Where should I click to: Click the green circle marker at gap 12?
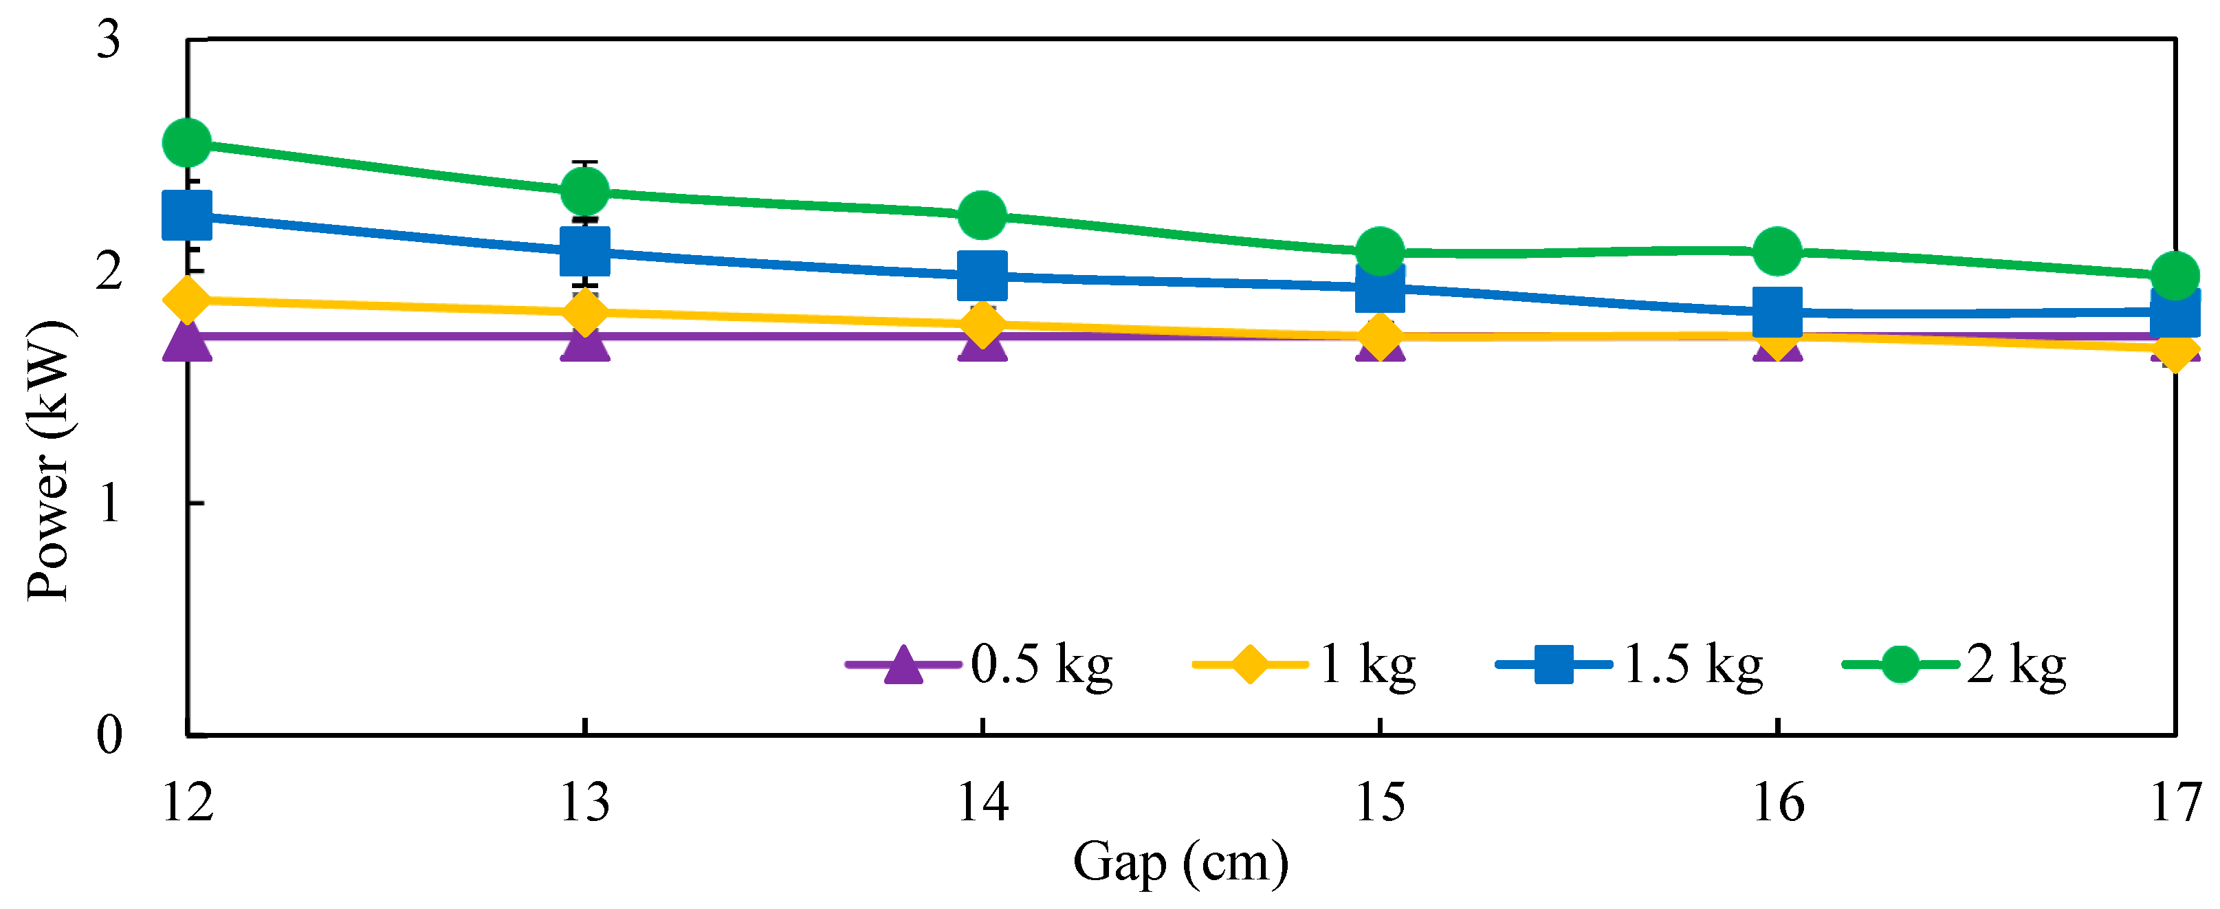[x=187, y=143]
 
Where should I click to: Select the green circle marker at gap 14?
[x=982, y=215]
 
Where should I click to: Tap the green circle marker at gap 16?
[x=1778, y=251]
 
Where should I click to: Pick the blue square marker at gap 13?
[x=585, y=251]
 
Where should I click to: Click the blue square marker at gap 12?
[x=187, y=215]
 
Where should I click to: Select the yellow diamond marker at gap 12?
[x=187, y=299]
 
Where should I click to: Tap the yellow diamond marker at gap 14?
[x=982, y=324]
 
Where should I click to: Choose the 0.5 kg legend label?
[x=1042, y=664]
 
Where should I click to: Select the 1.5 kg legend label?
[x=1693, y=664]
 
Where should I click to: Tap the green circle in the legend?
[x=1900, y=664]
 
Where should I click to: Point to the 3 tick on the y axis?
[x=109, y=40]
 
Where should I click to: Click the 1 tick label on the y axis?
[x=109, y=503]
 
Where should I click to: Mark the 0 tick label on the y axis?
[x=109, y=735]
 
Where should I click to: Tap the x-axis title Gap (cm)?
[x=1180, y=862]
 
